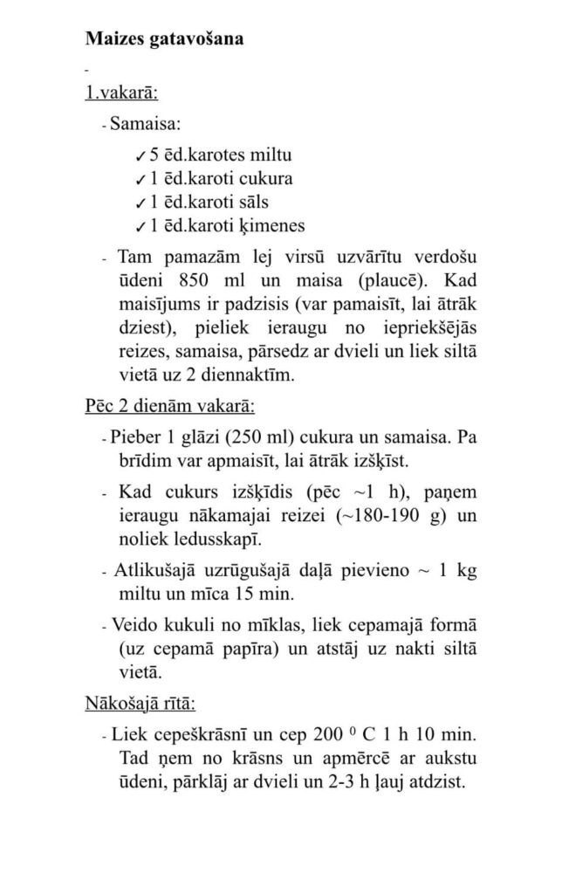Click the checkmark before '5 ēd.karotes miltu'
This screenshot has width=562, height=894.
140,157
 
